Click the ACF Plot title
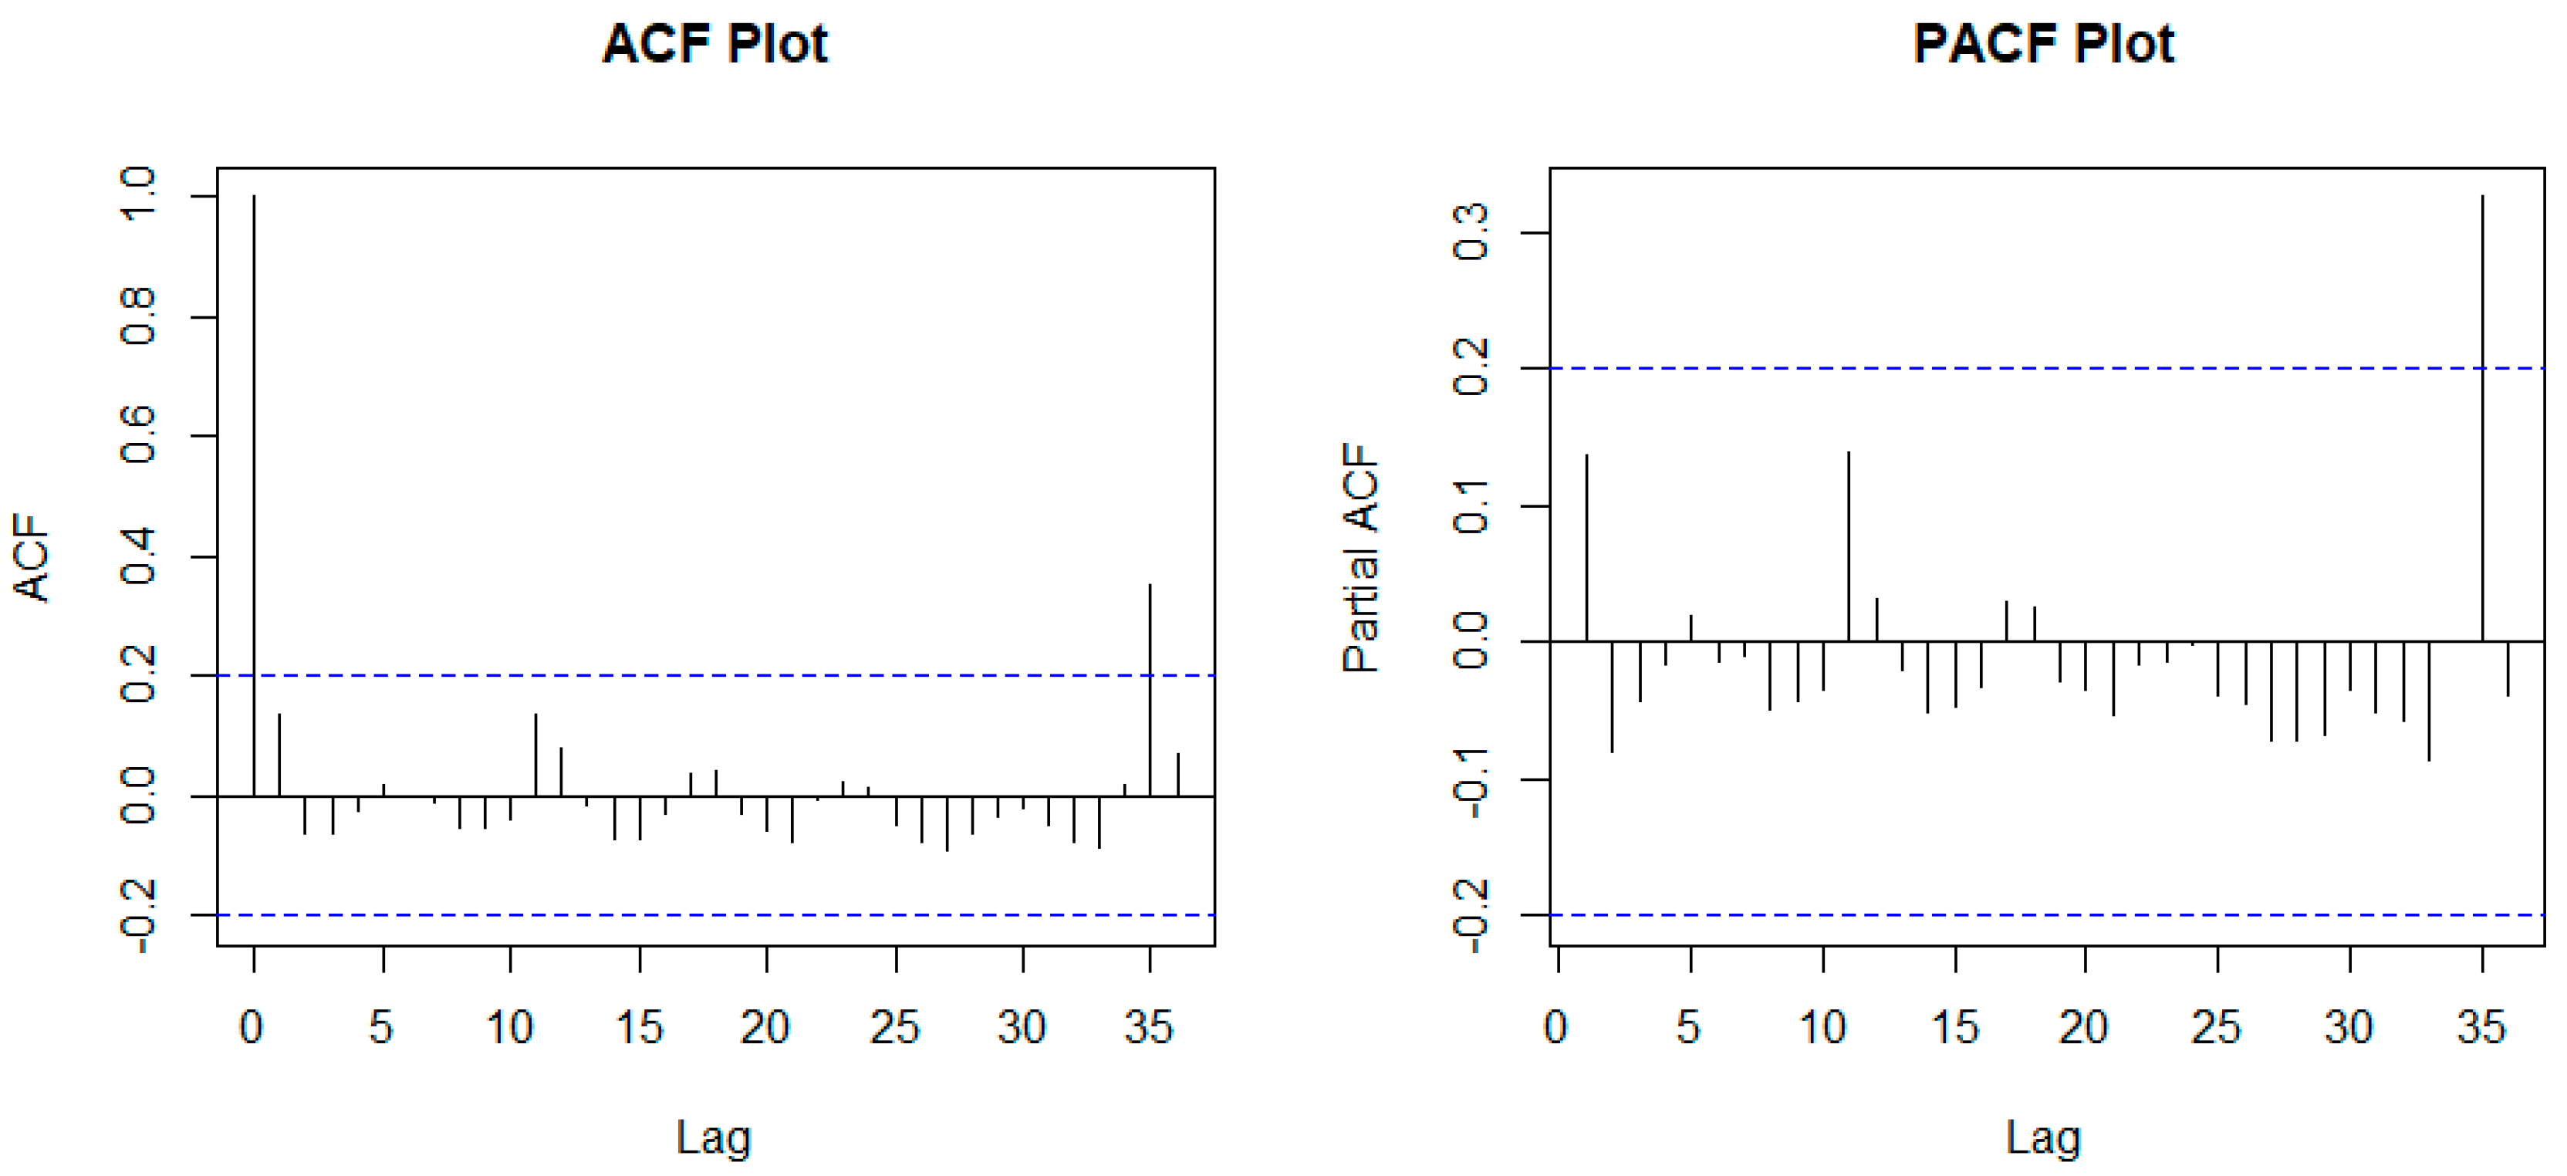pos(714,44)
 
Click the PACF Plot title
pos(2043,44)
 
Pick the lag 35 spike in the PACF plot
pos(2482,417)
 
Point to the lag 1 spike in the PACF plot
pos(1586,547)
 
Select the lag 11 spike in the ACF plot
pos(535,755)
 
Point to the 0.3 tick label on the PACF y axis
pos(1471,232)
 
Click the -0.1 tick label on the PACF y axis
pos(1471,780)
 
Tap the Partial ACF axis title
pos(1359,558)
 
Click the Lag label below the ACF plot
pos(714,1137)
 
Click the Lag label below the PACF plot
pos(2043,1137)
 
